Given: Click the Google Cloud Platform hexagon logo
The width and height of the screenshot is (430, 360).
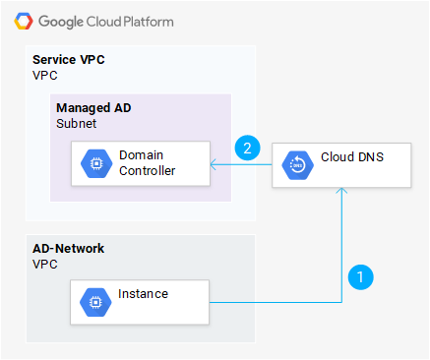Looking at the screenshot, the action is pos(24,22).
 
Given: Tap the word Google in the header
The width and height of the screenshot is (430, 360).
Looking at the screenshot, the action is pos(61,22).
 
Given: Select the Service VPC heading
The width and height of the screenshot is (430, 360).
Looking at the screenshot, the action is pos(69,60).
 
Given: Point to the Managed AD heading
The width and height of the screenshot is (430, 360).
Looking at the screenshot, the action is pos(93,108).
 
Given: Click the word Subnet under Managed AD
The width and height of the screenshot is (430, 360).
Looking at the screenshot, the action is pos(76,124).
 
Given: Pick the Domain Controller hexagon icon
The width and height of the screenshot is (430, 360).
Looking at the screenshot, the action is pos(96,163).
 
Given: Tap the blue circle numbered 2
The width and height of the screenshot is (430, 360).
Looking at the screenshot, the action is pos(247,148).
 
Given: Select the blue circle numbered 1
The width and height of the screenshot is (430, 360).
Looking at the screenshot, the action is pos(360,277).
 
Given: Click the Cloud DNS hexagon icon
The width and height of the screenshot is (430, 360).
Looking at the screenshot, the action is pos(297,165).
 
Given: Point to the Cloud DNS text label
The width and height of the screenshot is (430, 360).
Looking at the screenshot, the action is pos(352,157).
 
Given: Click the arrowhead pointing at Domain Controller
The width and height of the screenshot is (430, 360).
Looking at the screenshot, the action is pos(214,164).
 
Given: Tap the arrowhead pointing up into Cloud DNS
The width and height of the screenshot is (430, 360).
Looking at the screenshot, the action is pos(341,191).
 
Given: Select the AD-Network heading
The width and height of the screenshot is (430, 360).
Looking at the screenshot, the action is pos(68,249).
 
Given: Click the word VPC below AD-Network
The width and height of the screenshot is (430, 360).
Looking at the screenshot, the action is pos(45,265).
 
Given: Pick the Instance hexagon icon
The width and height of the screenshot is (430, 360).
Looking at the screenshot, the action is pos(95,302).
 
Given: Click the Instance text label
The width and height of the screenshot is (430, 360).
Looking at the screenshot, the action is pos(143,294).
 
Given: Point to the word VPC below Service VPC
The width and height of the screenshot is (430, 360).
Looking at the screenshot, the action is pos(45,76).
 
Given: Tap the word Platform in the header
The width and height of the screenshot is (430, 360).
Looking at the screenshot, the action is pos(149,22).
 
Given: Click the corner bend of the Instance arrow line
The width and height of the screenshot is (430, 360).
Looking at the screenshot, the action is pos(341,302).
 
